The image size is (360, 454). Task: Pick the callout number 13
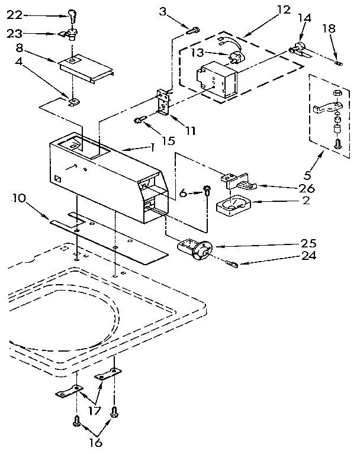pos(200,54)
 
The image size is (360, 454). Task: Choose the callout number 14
pos(304,18)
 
